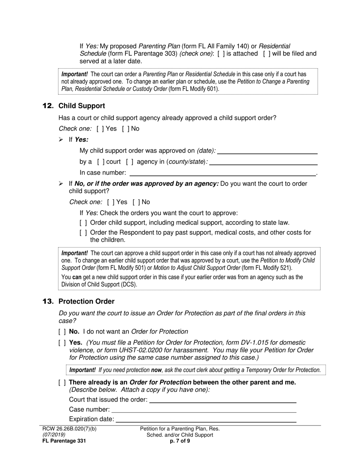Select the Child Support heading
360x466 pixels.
point(81,106)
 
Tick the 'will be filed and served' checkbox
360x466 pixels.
point(267,54)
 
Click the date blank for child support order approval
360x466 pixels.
point(267,151)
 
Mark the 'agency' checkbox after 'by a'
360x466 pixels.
point(130,162)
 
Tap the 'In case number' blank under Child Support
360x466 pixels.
point(223,173)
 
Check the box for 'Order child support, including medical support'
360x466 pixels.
point(83,223)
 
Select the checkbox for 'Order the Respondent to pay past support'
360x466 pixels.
point(83,233)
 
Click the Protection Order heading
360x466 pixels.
point(86,302)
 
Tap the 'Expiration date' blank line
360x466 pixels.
point(206,419)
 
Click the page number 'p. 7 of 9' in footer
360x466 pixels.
point(180,441)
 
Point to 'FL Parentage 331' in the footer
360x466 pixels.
point(64,441)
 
